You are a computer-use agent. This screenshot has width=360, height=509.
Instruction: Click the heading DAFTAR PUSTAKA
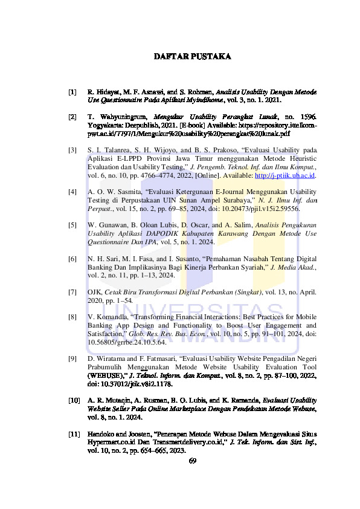[193, 56]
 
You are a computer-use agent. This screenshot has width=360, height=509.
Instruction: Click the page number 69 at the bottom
[193, 461]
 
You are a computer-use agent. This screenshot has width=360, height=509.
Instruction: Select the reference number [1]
[72, 92]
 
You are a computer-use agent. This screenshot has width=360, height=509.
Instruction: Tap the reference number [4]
[72, 191]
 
